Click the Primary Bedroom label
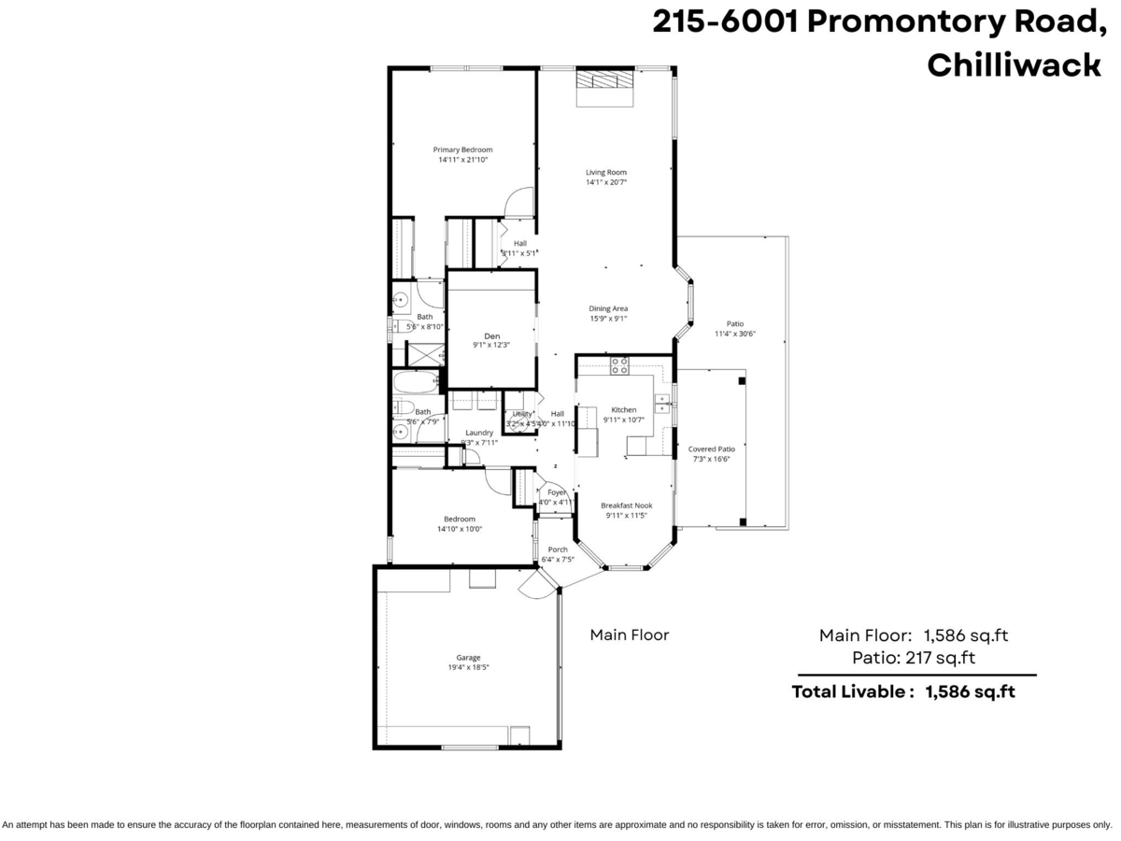pos(462,150)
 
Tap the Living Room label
pos(605,172)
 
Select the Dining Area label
pos(608,308)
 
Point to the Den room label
pos(491,336)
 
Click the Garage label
pos(468,657)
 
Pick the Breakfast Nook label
pos(626,506)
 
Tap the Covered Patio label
pos(711,449)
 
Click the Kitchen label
pos(623,409)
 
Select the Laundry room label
pos(478,433)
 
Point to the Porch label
pos(558,549)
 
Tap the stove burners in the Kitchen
pos(618,365)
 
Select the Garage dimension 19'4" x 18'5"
pos(468,668)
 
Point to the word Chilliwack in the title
pos(1014,65)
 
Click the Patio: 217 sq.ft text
pos(914,658)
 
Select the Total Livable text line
pos(903,692)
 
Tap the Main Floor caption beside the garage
pos(630,635)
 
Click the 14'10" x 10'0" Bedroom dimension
pos(460,530)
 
